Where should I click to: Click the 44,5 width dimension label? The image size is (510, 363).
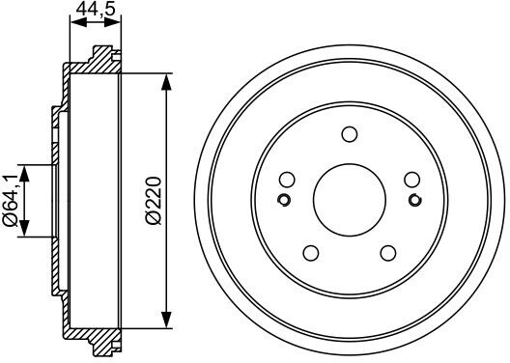pos(96,9)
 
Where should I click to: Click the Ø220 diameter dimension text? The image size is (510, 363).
pos(154,201)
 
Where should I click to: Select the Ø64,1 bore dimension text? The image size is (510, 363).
pos(11,200)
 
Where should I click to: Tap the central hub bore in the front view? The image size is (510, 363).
pos(350,200)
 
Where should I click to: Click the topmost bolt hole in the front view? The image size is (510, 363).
pos(350,134)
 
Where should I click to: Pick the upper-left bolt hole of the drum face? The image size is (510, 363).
pos(287,180)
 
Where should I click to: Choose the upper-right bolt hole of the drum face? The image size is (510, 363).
pos(412,180)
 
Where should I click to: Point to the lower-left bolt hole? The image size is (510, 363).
pos(311,253)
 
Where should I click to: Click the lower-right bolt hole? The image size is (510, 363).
pos(388,253)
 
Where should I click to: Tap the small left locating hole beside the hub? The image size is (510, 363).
pos(284,200)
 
